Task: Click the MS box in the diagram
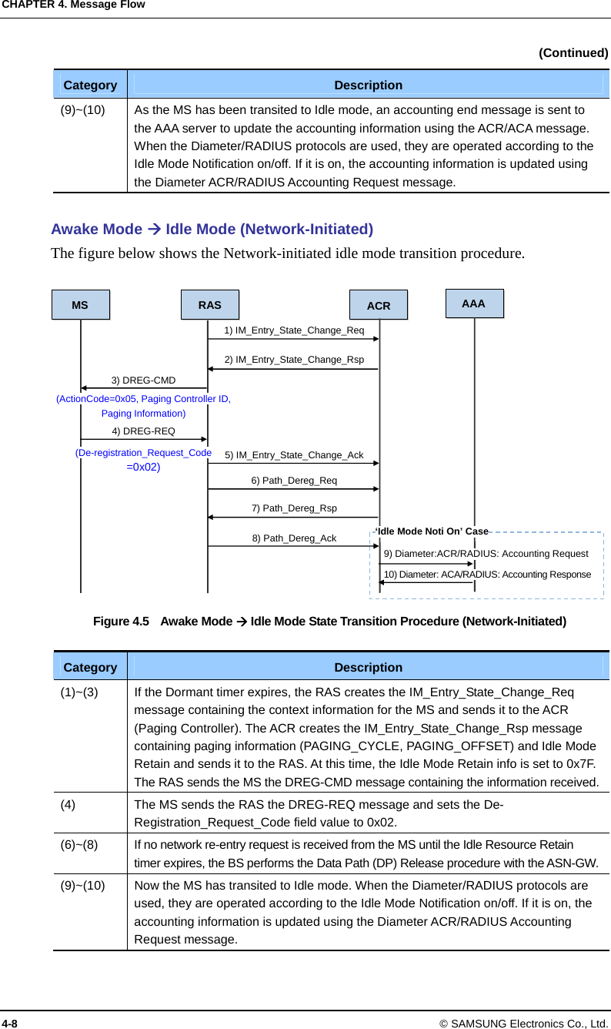(80, 305)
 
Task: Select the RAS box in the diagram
(209, 305)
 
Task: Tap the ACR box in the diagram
(379, 306)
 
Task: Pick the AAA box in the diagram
(474, 303)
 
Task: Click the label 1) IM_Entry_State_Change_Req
(294, 330)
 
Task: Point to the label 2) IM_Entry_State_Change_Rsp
(294, 360)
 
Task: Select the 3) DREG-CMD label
(143, 380)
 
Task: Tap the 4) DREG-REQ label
(143, 431)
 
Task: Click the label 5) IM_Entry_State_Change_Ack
(294, 456)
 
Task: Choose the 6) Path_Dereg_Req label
(294, 481)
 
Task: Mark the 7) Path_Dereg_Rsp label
(294, 508)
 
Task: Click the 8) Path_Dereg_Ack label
(294, 538)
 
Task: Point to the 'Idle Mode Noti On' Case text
(432, 531)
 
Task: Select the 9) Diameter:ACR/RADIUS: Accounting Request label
(486, 554)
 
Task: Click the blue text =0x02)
(143, 467)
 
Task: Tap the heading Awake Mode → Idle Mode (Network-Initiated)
(212, 229)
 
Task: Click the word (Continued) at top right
(573, 52)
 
